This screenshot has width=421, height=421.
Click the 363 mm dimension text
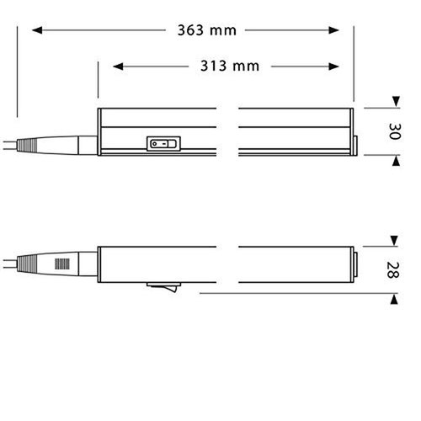(206, 31)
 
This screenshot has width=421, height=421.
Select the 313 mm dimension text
(230, 66)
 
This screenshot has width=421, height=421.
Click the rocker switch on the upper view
(163, 143)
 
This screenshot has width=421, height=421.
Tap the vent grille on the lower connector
(61, 267)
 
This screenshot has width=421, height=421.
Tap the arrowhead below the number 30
(394, 157)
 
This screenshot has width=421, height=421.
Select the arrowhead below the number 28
(394, 296)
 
